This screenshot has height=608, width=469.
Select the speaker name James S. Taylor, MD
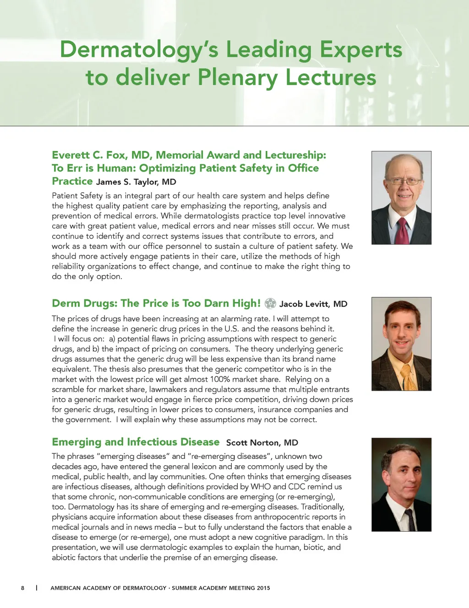(x=136, y=182)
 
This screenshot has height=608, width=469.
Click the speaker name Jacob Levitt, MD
(x=313, y=304)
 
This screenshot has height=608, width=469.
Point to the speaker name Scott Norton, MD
(x=262, y=442)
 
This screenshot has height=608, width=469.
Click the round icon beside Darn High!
(x=270, y=303)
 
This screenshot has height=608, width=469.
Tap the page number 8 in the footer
(x=22, y=588)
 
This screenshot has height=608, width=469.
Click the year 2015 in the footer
(x=263, y=588)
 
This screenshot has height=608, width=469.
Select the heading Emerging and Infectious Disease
(x=136, y=442)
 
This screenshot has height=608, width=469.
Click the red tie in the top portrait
(x=403, y=231)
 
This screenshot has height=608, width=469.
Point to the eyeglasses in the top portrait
(x=404, y=181)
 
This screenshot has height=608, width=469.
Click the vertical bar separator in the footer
(x=37, y=588)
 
